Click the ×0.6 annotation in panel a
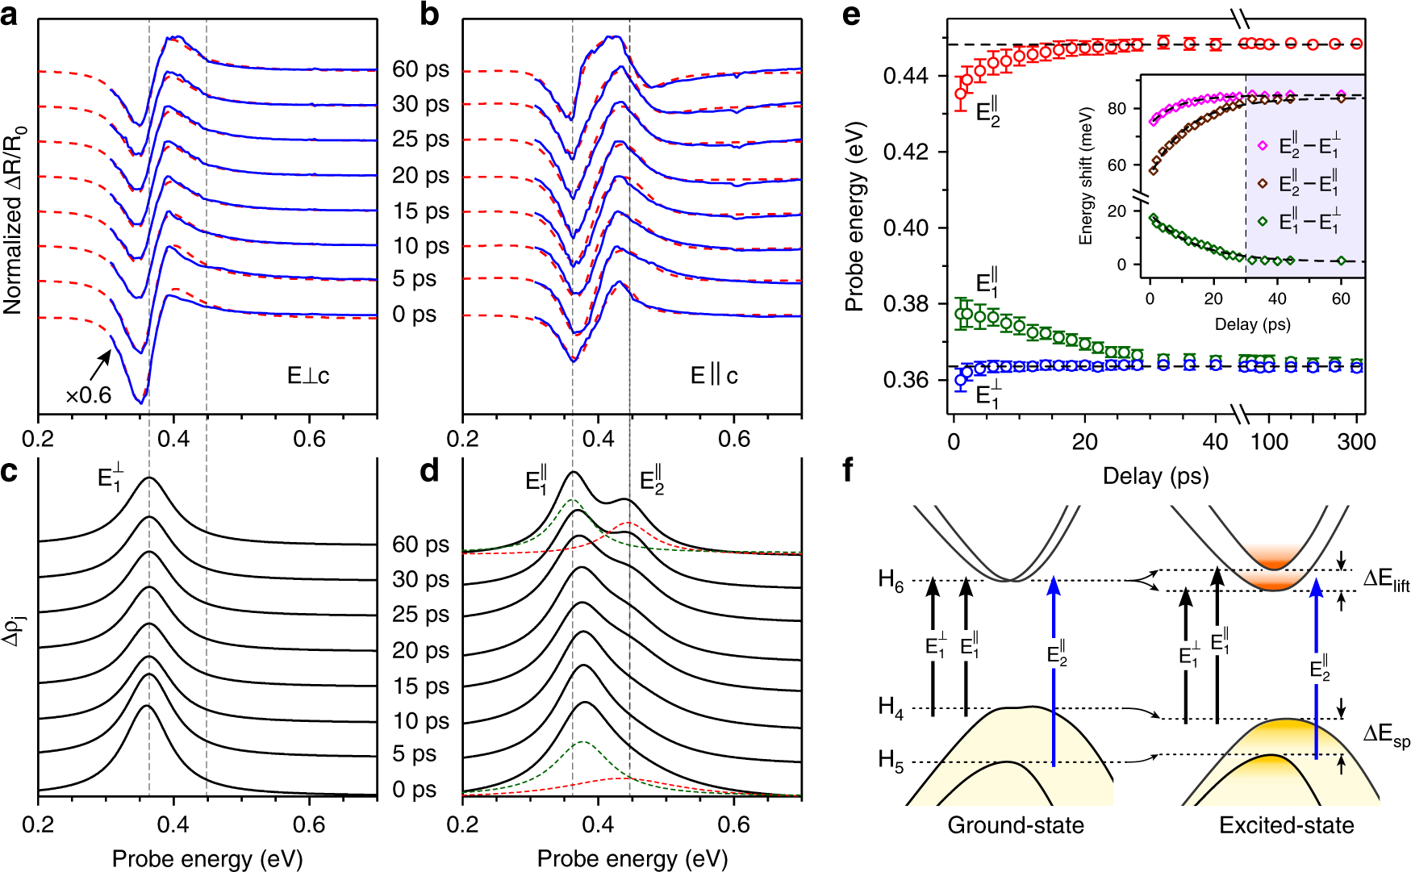click(88, 395)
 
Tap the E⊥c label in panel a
click(308, 376)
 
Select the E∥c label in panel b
click(714, 376)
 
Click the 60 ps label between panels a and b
click(420, 69)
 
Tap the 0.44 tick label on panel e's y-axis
click(905, 77)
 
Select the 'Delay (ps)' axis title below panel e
click(1155, 476)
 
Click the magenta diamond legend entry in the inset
click(1263, 146)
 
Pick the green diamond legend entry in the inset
click(1263, 221)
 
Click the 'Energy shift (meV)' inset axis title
click(1086, 175)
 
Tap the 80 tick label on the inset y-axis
click(1117, 109)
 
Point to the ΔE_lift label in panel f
click(1386, 580)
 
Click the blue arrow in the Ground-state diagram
click(1054, 670)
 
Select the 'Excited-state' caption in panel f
click(1286, 825)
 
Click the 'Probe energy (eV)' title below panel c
click(207, 859)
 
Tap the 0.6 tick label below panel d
click(734, 824)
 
